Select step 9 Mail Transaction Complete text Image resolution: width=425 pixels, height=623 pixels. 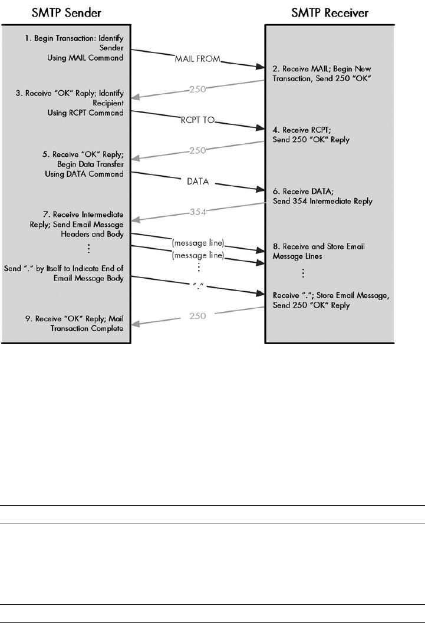[x=85, y=325]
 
